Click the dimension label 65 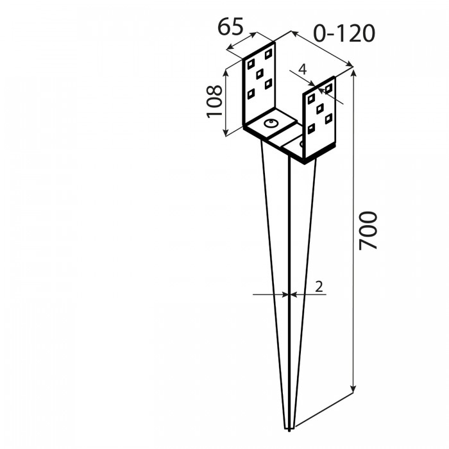(230, 27)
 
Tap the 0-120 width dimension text (344, 33)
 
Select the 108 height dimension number (214, 101)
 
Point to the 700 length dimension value (368, 230)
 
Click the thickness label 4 (302, 69)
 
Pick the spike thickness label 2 (319, 286)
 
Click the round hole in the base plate (271, 123)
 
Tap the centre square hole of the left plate (260, 74)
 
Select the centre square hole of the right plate (320, 108)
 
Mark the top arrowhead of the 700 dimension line (354, 72)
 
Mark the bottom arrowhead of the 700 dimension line (354, 389)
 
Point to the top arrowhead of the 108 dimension (226, 73)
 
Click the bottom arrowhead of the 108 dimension (226, 132)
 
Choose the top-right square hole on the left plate (268, 54)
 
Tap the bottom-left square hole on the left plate (251, 94)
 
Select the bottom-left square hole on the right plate (311, 128)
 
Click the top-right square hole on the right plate (328, 89)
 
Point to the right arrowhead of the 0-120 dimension (350, 64)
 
